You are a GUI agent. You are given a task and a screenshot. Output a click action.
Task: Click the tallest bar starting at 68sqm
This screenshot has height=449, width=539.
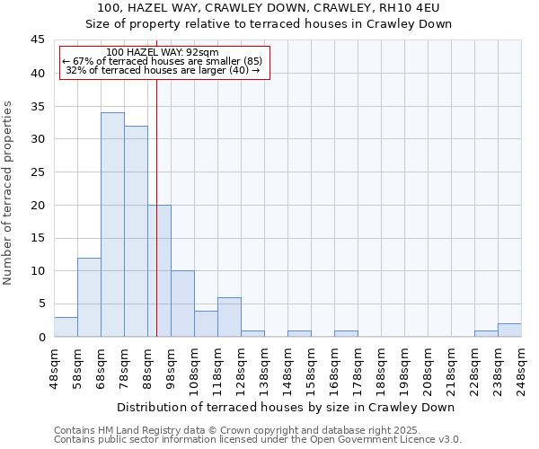point(112,224)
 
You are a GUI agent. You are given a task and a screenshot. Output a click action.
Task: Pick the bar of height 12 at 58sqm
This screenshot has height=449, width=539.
point(89,297)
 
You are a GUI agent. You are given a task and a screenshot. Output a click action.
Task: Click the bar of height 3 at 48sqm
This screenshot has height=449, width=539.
point(66,327)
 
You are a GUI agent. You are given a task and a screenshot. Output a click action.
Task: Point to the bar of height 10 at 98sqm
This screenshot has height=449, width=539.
point(182,304)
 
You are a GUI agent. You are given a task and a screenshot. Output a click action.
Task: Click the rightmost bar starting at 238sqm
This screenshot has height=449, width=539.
point(509,330)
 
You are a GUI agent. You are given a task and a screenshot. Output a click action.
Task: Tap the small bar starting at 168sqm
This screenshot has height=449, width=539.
point(346,333)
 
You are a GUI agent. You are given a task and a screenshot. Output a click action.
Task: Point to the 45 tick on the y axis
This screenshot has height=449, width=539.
point(39,40)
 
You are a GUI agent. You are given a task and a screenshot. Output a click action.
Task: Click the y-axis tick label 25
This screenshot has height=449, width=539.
point(39,172)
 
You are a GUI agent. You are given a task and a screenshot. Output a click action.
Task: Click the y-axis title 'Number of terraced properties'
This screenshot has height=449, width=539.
point(8,193)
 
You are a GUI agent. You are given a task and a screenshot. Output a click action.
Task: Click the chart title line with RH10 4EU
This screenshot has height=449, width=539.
point(269,8)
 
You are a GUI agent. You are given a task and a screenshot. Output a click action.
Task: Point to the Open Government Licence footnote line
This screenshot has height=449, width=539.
point(258,440)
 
